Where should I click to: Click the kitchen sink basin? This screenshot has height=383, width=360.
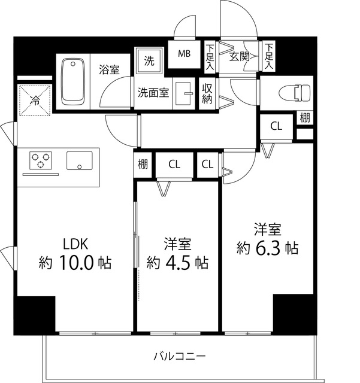80,160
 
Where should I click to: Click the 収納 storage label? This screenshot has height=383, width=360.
207,94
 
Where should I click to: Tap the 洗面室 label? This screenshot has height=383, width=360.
153,93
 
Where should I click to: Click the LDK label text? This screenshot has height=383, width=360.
75,244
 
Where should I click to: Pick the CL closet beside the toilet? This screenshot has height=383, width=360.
276,126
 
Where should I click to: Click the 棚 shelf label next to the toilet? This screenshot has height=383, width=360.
305,117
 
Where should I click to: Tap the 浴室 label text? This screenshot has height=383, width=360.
109,69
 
